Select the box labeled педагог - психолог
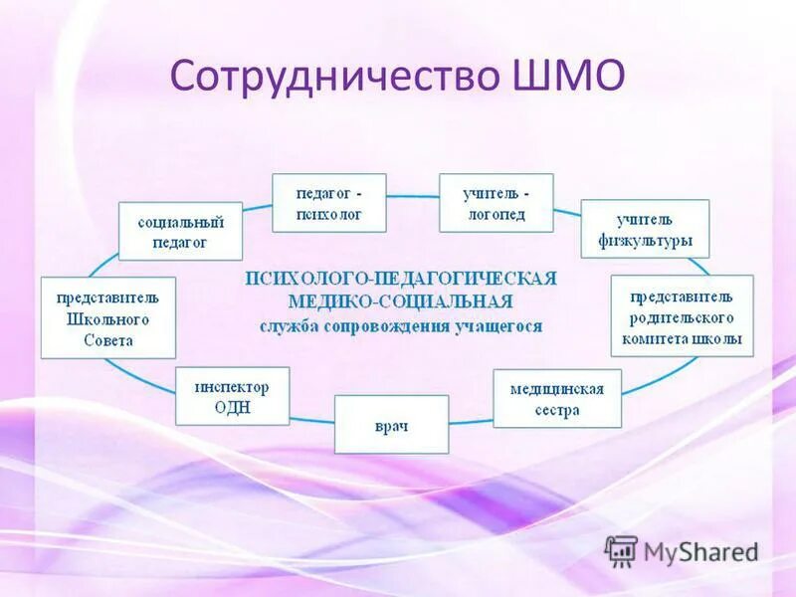click(329, 203)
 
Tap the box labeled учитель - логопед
click(496, 203)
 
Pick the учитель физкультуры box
click(645, 229)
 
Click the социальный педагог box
click(180, 232)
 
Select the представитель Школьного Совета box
click(107, 317)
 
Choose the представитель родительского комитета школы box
click(682, 316)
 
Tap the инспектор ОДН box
click(232, 396)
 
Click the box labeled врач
click(391, 425)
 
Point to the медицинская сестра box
click(556, 398)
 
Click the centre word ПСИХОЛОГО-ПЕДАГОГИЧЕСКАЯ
click(401, 278)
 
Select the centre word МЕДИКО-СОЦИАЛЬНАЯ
click(401, 300)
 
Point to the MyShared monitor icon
click(620, 550)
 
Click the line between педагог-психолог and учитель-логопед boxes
click(412, 196)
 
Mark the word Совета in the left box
click(108, 340)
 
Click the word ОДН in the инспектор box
click(231, 407)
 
